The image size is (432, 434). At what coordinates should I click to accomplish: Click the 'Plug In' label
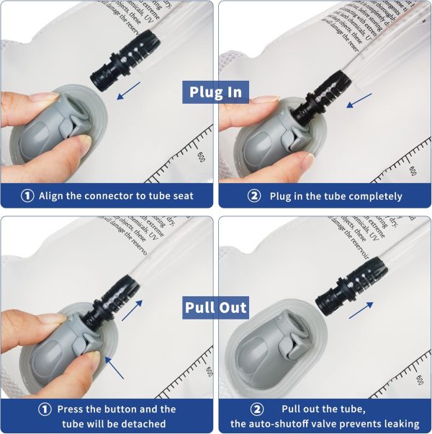[215, 92]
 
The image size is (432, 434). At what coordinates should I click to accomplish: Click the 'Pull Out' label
[215, 307]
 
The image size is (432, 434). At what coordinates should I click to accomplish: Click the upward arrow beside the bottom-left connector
[132, 309]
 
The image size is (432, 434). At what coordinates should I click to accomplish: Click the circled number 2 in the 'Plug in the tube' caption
[255, 196]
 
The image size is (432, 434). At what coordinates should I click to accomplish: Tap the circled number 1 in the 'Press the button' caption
[45, 409]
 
